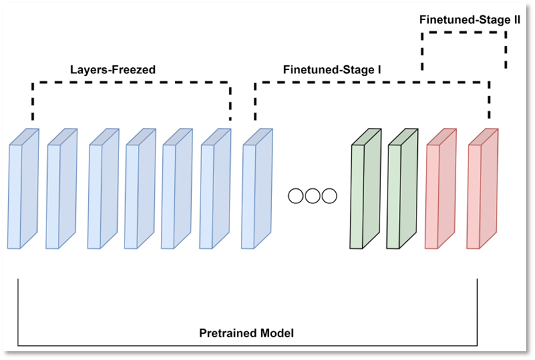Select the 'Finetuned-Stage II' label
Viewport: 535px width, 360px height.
coord(470,20)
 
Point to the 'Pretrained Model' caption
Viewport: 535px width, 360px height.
coord(246,333)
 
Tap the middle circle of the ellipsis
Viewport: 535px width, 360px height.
coord(312,196)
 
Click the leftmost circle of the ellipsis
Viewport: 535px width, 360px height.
coord(295,196)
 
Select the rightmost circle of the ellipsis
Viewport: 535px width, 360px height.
coord(329,196)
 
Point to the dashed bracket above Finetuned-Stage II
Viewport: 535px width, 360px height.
coord(464,33)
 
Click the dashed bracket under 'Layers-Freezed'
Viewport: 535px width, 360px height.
coord(131,83)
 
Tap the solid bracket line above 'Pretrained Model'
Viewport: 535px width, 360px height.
coord(246,345)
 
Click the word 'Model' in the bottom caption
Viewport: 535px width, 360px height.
coord(278,333)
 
